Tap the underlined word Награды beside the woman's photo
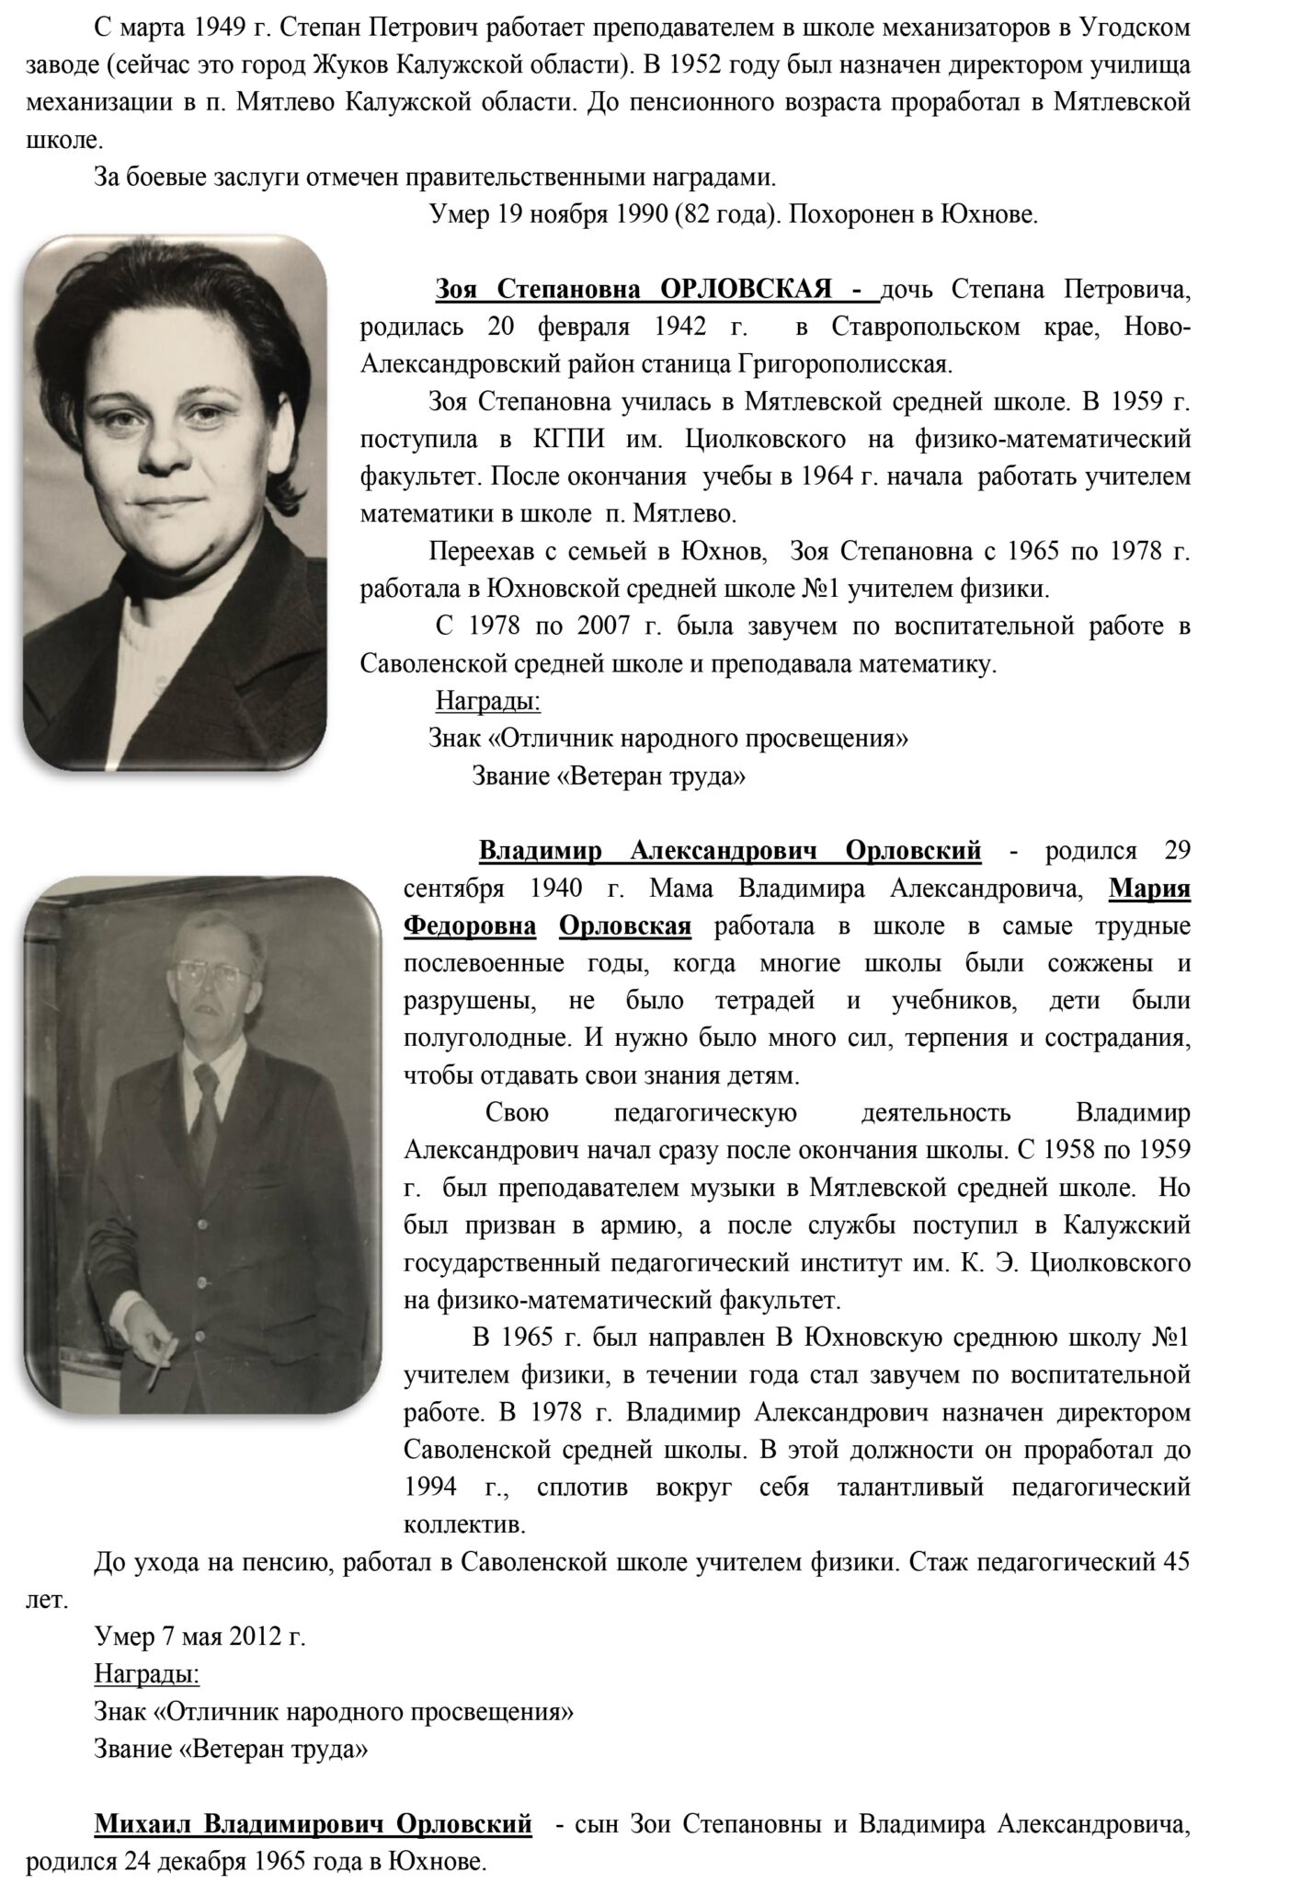point(487,703)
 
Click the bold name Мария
point(1149,890)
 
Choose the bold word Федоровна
point(470,926)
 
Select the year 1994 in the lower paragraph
point(431,1487)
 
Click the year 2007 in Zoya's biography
point(603,627)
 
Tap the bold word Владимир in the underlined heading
point(540,851)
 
